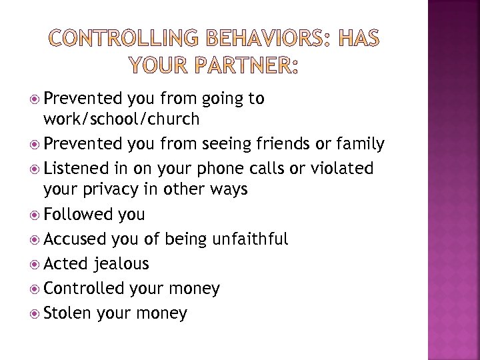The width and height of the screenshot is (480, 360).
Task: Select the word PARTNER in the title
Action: (243, 67)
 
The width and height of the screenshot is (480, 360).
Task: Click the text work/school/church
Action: (121, 119)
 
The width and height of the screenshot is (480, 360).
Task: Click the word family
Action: (361, 143)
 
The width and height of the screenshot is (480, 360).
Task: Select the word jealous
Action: (121, 264)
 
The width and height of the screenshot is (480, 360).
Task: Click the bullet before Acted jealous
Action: (34, 264)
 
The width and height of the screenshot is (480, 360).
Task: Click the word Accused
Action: (75, 239)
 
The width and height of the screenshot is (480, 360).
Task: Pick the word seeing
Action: (218, 145)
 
